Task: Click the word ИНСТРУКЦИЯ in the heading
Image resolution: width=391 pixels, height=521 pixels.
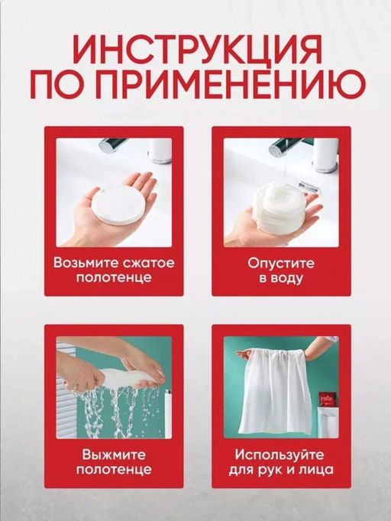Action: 195,51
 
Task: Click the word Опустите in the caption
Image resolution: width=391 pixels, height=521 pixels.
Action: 281,263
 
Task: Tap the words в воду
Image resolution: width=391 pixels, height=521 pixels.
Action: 281,279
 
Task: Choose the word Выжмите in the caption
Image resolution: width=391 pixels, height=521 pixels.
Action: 114,455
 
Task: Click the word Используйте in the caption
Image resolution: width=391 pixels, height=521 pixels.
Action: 281,455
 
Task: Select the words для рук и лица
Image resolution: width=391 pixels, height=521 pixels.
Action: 281,471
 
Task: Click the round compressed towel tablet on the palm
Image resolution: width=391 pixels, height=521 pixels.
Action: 117,204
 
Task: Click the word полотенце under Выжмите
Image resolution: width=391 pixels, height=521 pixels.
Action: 114,471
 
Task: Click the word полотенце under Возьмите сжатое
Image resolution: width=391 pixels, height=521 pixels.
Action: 114,279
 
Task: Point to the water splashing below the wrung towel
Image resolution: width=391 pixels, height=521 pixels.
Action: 115,413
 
